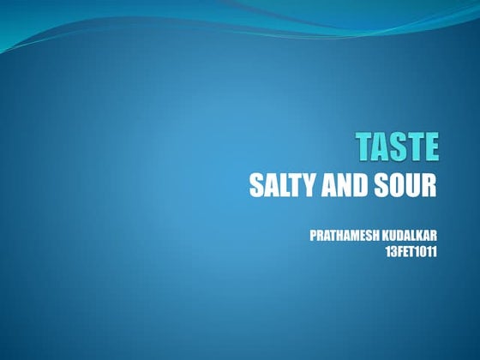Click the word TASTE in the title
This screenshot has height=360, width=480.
(397, 147)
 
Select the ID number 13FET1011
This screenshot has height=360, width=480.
(407, 253)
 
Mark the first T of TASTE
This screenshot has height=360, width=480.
(365, 147)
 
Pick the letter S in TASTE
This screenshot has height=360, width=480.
(398, 147)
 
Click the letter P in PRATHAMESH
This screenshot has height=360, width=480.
(313, 235)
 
